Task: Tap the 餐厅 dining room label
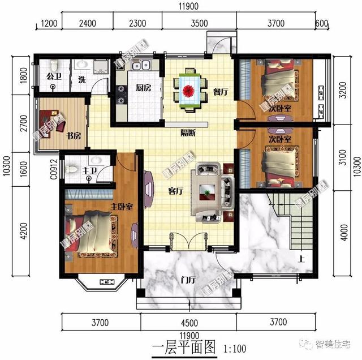point(219,94)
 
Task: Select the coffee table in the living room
point(210,192)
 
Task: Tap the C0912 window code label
point(51,169)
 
